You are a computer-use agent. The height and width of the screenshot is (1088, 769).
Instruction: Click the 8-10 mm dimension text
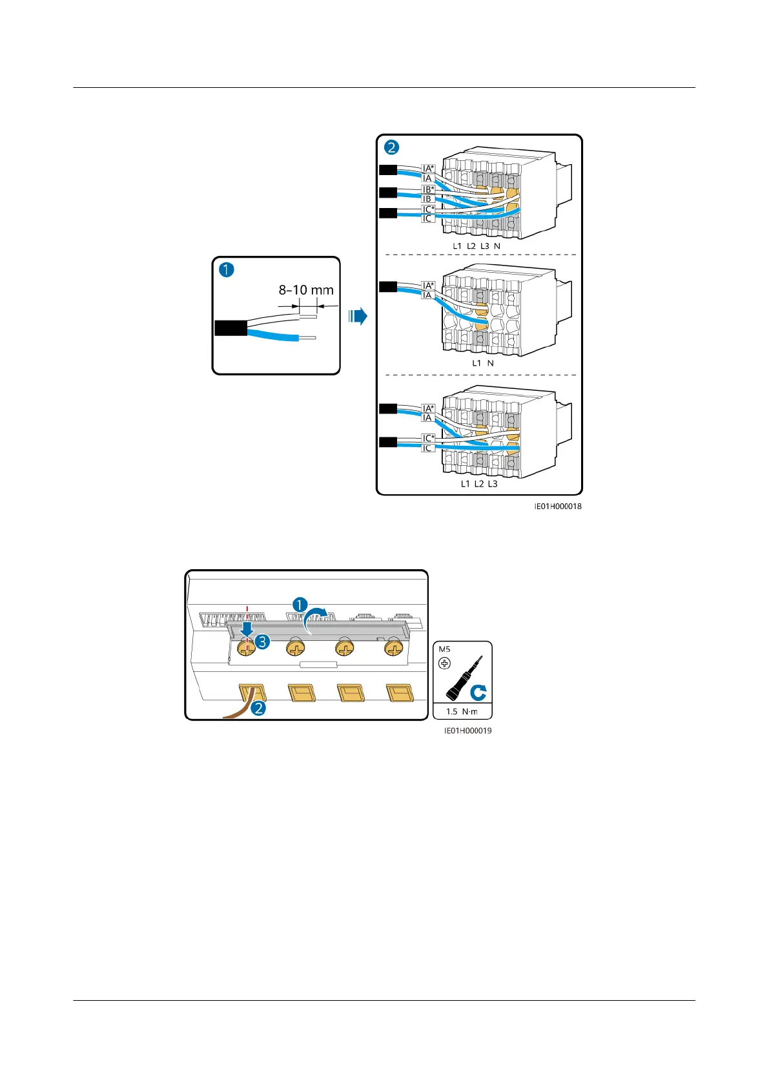click(x=306, y=290)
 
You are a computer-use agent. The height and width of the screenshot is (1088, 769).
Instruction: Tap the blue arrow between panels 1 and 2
click(x=358, y=317)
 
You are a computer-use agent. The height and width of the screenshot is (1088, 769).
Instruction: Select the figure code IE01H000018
click(x=558, y=507)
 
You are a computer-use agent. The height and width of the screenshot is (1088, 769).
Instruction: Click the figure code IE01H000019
click(x=467, y=731)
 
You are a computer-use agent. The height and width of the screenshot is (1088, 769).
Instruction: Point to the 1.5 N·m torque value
click(x=462, y=711)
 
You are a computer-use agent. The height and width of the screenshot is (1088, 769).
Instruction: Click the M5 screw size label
click(x=444, y=649)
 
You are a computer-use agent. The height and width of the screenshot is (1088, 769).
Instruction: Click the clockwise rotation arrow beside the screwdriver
click(x=478, y=693)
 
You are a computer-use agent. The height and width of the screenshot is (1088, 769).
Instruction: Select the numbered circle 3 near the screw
click(x=261, y=642)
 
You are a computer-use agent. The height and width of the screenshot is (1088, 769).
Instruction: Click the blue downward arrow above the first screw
click(x=247, y=629)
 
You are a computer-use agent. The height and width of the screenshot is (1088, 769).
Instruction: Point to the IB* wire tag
click(x=428, y=189)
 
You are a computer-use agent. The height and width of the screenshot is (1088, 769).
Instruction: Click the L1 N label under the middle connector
click(x=483, y=363)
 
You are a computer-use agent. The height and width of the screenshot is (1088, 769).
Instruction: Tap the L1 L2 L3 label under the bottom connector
click(x=479, y=484)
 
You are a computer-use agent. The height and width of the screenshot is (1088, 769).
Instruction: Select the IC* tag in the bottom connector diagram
click(x=428, y=438)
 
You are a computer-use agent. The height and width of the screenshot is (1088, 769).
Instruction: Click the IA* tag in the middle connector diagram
click(x=428, y=285)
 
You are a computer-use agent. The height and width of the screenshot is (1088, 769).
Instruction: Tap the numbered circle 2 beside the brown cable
click(x=258, y=708)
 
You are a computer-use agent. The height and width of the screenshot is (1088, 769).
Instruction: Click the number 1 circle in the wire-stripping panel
click(x=226, y=270)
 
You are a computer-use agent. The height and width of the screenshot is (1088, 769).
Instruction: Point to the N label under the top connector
click(x=497, y=246)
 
